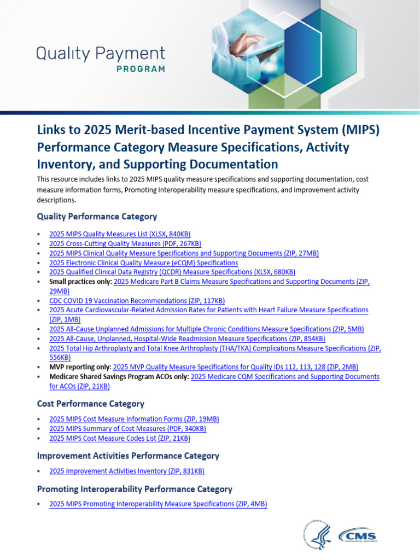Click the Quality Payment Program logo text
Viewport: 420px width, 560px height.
(x=101, y=59)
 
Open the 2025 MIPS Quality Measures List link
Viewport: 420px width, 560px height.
(x=120, y=234)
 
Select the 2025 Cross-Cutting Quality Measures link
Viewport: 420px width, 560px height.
(x=125, y=243)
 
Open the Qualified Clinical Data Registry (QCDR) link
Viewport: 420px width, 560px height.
(x=172, y=272)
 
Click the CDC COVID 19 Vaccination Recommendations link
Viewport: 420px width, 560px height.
(x=137, y=301)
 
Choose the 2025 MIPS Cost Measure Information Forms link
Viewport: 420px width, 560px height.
(x=134, y=419)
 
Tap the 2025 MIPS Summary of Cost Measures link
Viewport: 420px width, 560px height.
(x=127, y=429)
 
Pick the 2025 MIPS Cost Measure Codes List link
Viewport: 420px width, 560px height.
(x=120, y=438)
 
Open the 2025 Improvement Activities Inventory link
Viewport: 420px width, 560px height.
(x=127, y=471)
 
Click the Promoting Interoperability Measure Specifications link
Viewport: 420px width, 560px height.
(x=158, y=504)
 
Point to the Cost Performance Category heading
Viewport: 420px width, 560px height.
(x=91, y=404)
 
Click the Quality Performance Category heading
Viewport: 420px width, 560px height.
(x=97, y=217)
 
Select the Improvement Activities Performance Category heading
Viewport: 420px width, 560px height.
(x=128, y=456)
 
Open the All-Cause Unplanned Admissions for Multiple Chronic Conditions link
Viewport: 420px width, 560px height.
(x=206, y=329)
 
